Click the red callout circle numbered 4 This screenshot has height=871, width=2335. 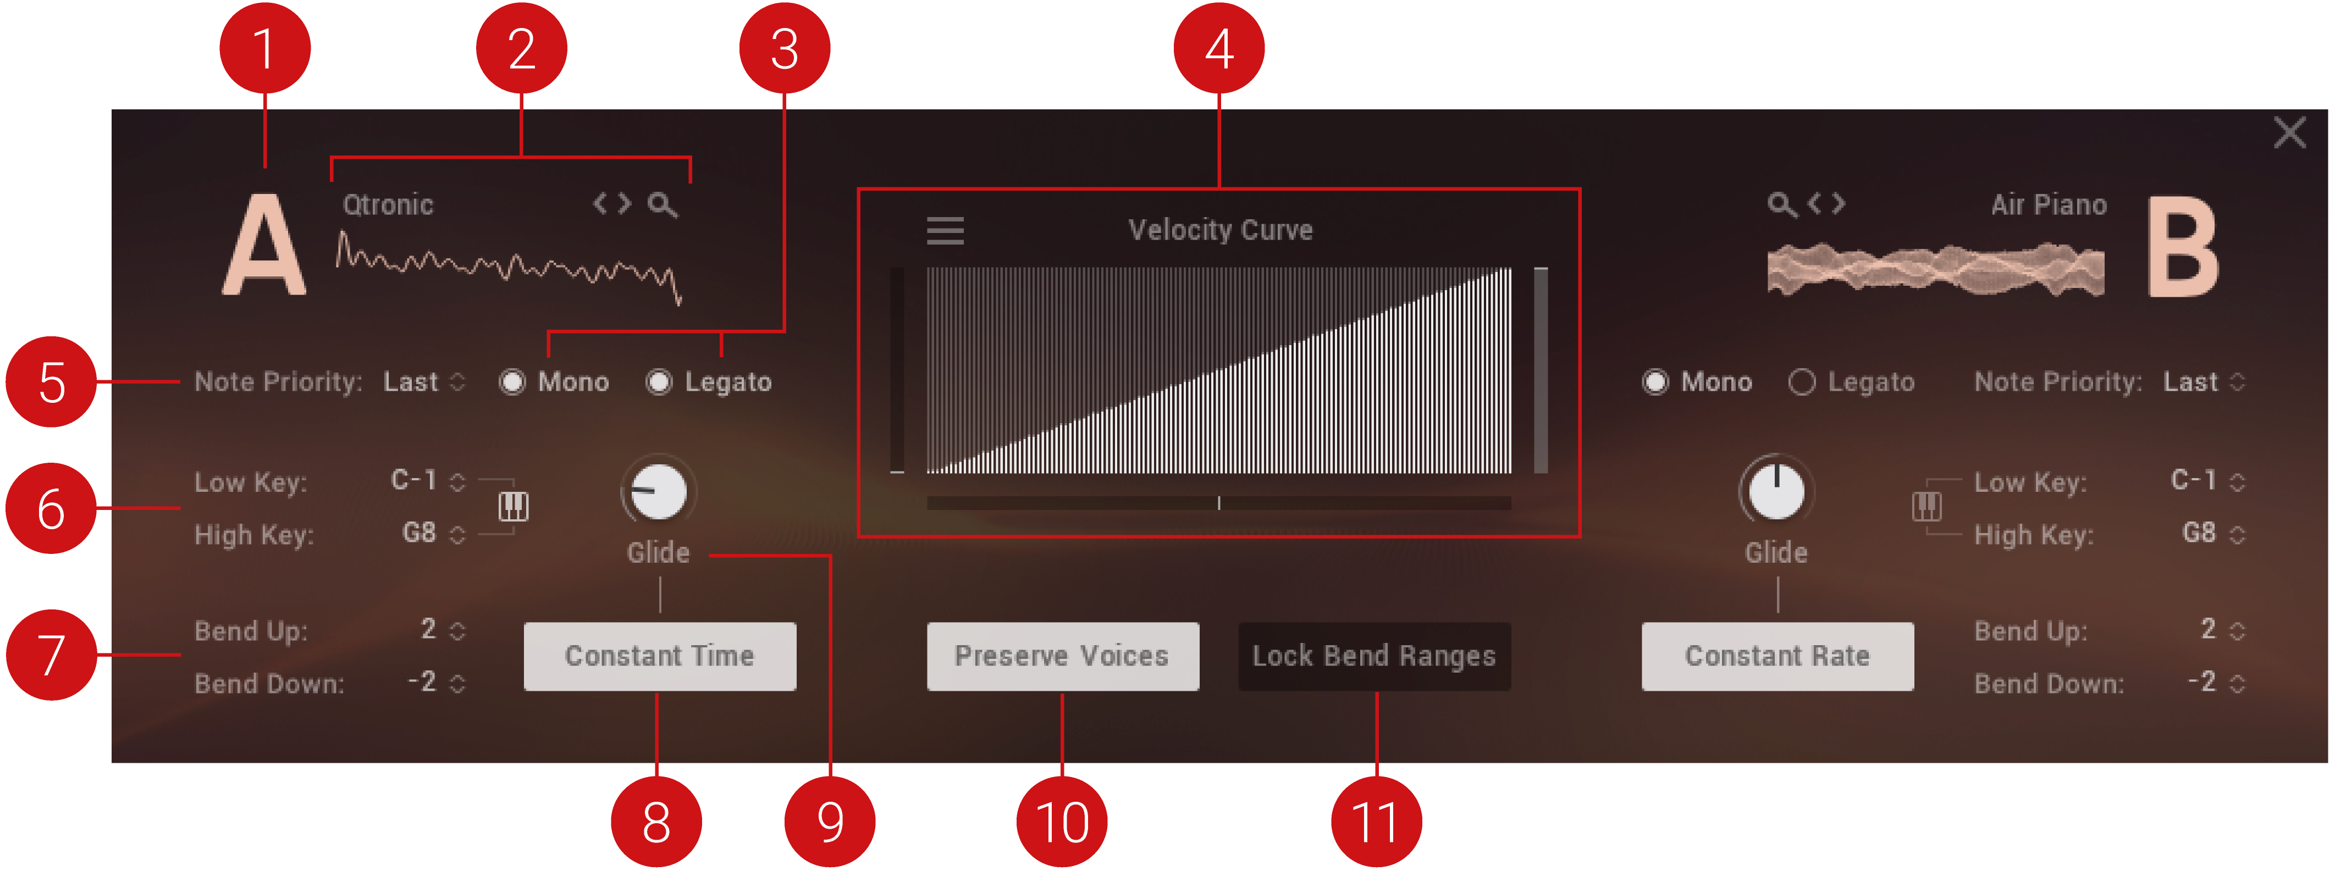[1218, 48]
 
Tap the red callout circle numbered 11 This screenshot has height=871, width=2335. [1376, 821]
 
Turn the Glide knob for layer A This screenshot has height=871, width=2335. [659, 491]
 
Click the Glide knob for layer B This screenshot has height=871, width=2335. [1776, 491]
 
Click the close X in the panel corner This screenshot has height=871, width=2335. [2290, 132]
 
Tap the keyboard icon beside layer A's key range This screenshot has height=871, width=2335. [513, 506]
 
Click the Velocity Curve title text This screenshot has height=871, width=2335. [1220, 230]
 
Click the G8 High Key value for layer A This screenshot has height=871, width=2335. [419, 533]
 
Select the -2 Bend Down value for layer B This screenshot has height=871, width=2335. [2202, 681]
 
